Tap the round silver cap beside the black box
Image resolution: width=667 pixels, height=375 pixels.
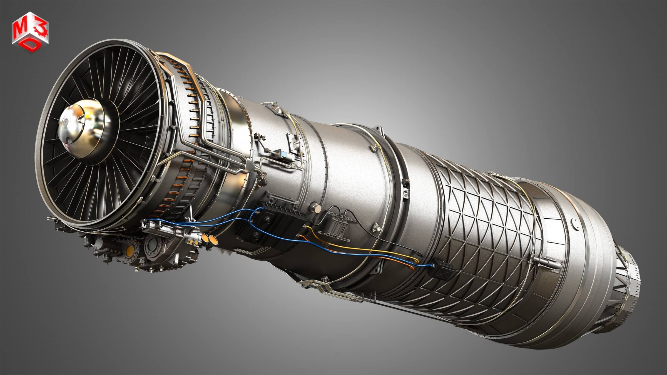point(316,207)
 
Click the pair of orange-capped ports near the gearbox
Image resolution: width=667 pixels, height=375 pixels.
point(209,238)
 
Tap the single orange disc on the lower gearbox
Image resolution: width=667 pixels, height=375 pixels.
point(130,252)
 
